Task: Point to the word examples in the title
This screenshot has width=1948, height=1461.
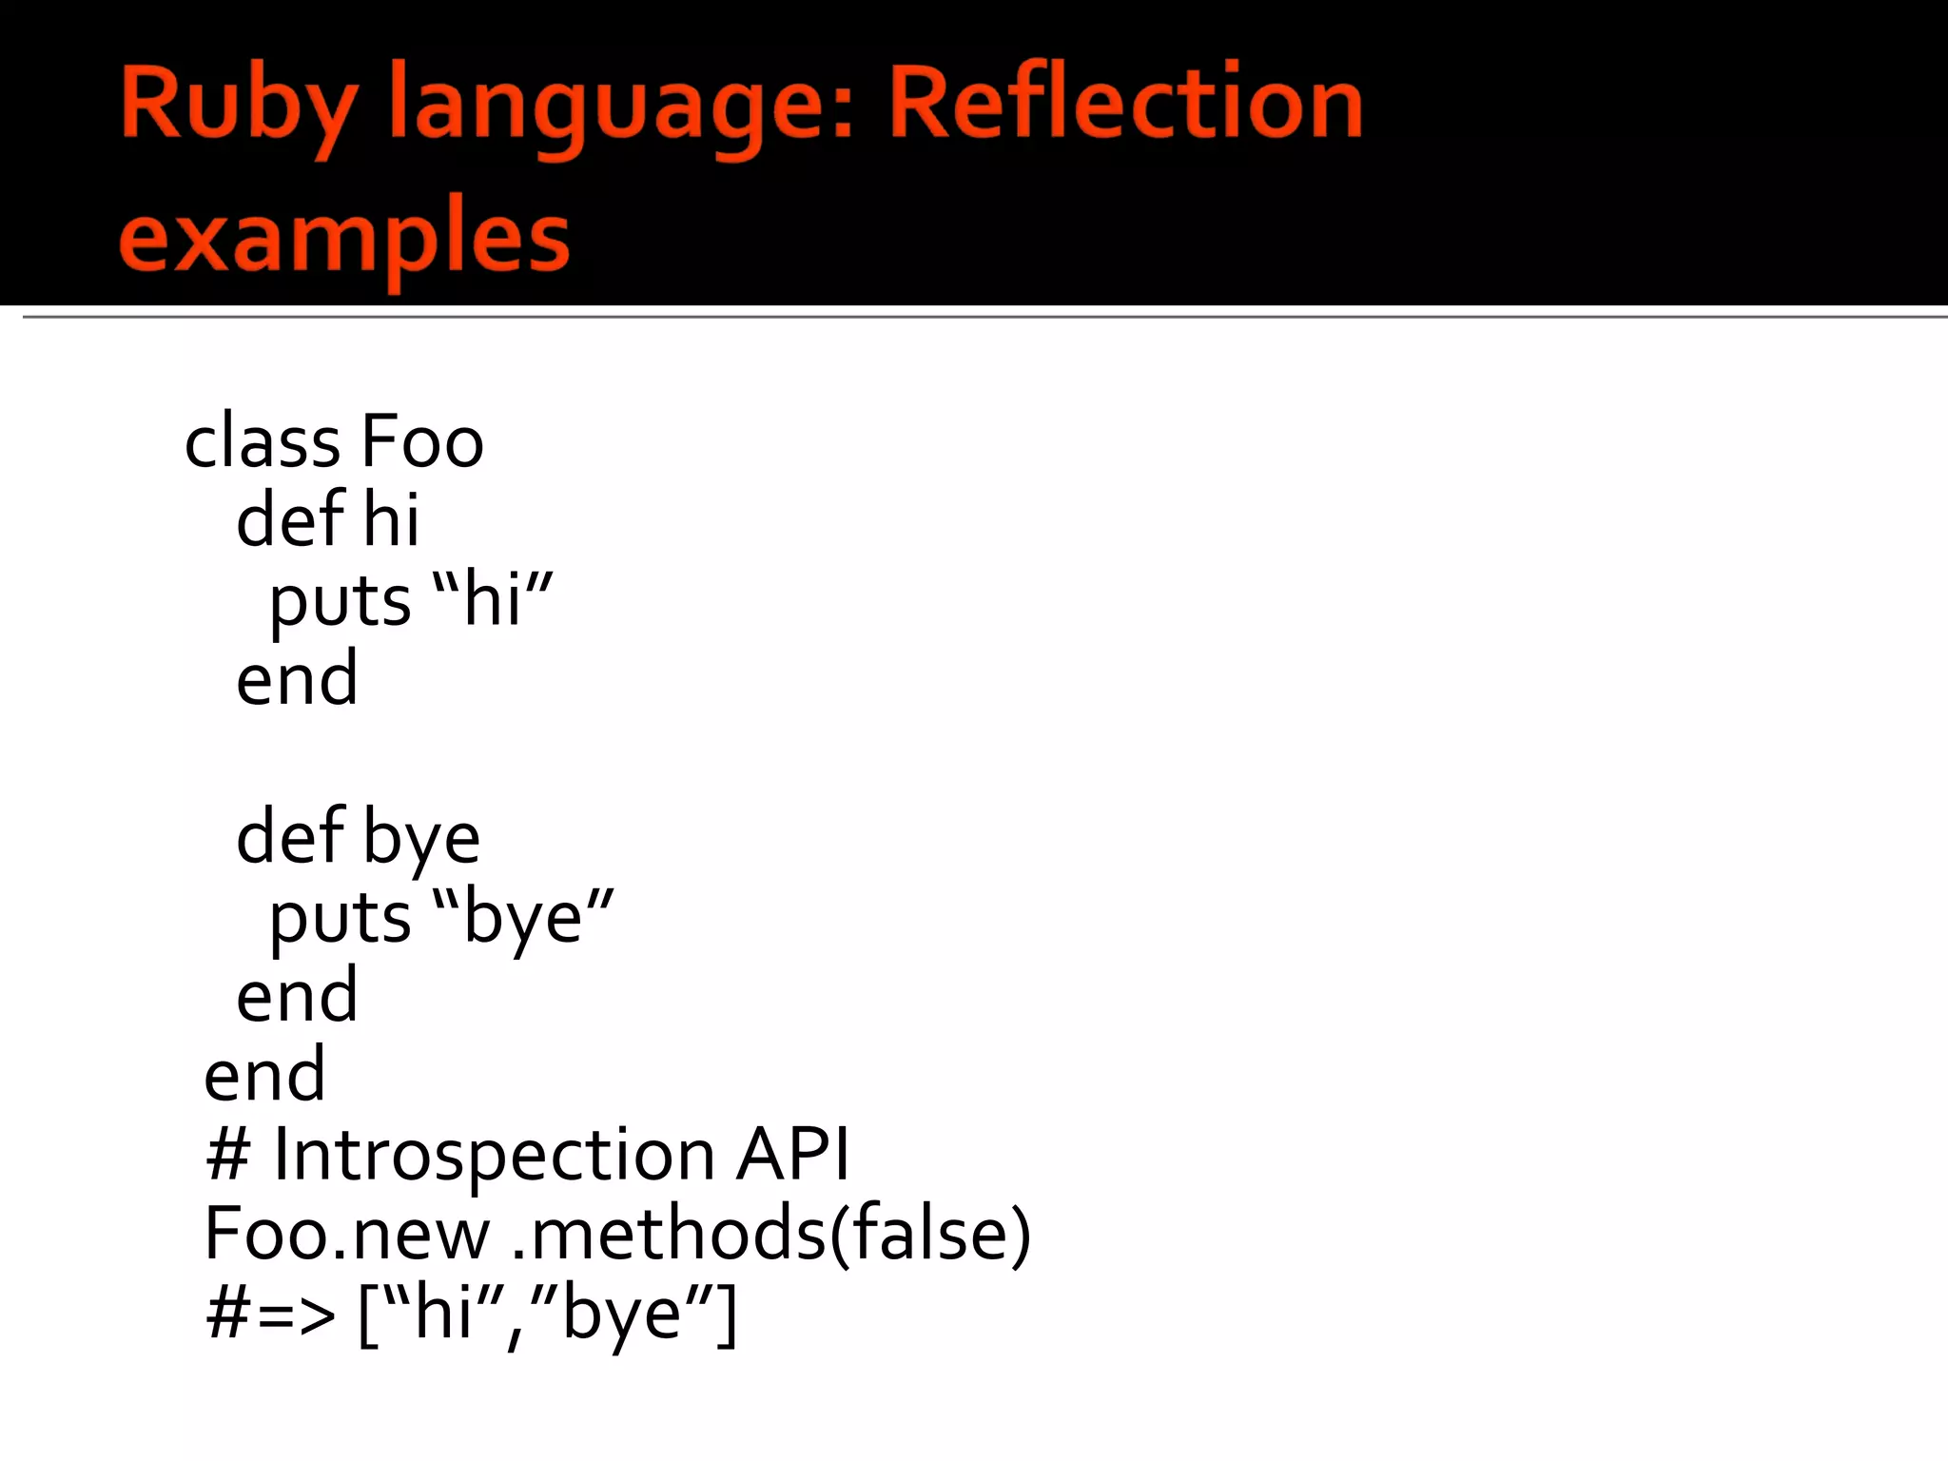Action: click(344, 238)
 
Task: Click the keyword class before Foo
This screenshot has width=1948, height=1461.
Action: click(262, 442)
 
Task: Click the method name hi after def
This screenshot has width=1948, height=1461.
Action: click(391, 520)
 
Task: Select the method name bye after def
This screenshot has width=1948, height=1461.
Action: click(421, 839)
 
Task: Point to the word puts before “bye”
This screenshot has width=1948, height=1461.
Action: click(340, 920)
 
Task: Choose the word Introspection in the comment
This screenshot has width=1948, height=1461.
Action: click(494, 1155)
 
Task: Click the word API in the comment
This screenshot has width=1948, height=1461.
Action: click(792, 1155)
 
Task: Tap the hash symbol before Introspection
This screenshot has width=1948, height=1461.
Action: click(227, 1155)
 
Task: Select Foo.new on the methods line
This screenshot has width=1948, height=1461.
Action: click(347, 1234)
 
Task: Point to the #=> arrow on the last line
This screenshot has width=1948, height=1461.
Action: click(270, 1315)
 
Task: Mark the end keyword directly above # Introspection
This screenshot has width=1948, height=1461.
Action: click(264, 1076)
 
